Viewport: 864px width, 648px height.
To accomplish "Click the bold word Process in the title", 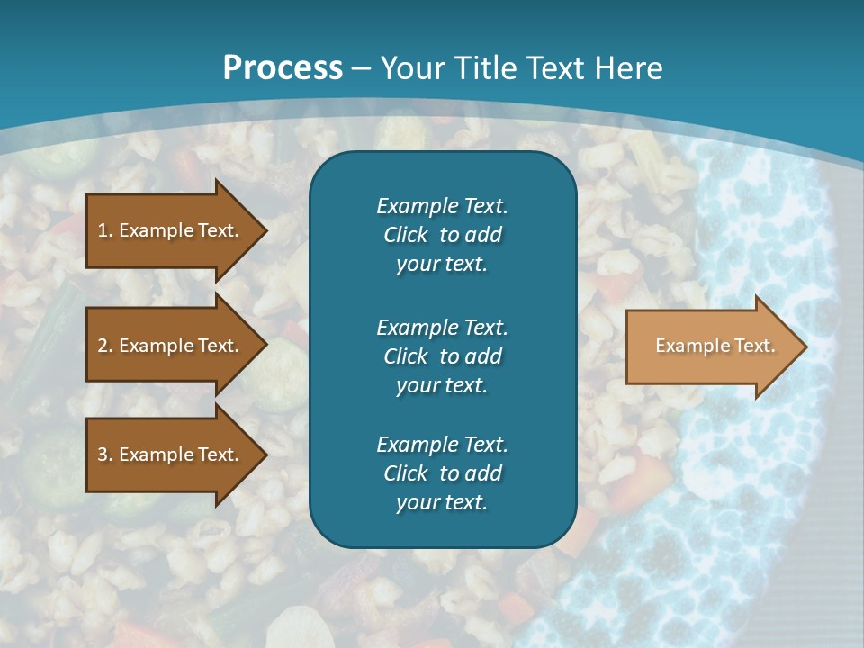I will (283, 68).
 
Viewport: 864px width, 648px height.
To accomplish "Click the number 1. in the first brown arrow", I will (105, 230).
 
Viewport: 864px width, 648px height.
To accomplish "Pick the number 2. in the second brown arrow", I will (105, 346).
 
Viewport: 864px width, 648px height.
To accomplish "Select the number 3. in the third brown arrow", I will (105, 454).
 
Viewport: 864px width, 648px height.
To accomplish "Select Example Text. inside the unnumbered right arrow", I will (715, 346).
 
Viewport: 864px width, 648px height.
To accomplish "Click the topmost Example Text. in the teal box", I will (442, 206).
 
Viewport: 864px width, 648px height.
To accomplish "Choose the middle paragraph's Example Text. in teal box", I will (442, 327).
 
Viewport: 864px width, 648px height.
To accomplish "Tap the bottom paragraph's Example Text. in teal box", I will (442, 445).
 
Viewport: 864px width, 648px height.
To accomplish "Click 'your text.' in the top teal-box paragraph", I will (442, 265).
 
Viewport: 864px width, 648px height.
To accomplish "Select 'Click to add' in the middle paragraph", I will (442, 356).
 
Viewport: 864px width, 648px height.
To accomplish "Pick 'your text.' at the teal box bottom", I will (442, 503).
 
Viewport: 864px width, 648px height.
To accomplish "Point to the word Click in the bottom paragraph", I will (405, 473).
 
